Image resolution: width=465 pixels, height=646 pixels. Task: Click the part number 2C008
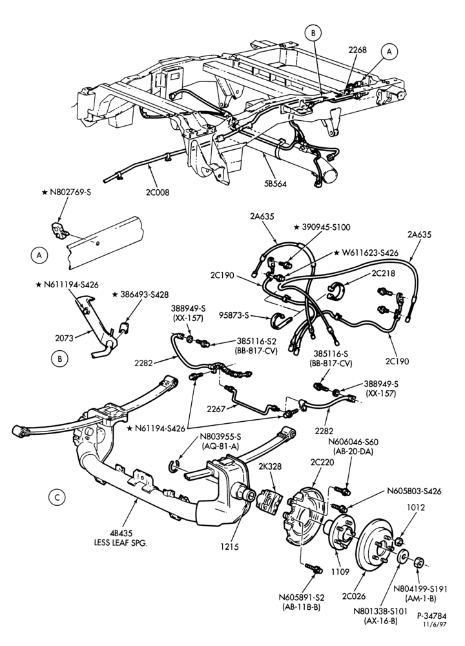point(157,192)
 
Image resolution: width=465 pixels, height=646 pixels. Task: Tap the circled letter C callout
point(57,497)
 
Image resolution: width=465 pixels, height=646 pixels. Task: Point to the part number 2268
point(357,50)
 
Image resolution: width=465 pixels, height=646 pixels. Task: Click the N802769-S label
point(70,192)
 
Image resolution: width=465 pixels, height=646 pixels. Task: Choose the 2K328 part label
point(270,466)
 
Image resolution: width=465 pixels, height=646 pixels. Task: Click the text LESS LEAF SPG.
point(121,543)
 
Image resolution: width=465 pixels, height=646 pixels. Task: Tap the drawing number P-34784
point(431,616)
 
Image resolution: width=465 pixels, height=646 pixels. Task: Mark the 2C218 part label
point(383,273)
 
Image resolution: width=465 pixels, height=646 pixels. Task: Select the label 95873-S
point(234,316)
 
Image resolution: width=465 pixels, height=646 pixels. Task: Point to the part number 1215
point(230,547)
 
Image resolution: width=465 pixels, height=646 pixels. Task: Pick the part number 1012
point(416,508)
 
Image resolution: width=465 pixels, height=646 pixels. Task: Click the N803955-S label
point(220,437)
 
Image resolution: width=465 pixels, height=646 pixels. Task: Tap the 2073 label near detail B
point(64,339)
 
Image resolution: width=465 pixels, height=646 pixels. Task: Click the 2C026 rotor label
point(353,596)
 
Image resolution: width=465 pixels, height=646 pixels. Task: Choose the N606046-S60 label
point(353,442)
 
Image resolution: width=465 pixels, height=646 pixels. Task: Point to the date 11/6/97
point(435,624)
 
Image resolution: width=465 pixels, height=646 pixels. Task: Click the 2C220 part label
point(322,463)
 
